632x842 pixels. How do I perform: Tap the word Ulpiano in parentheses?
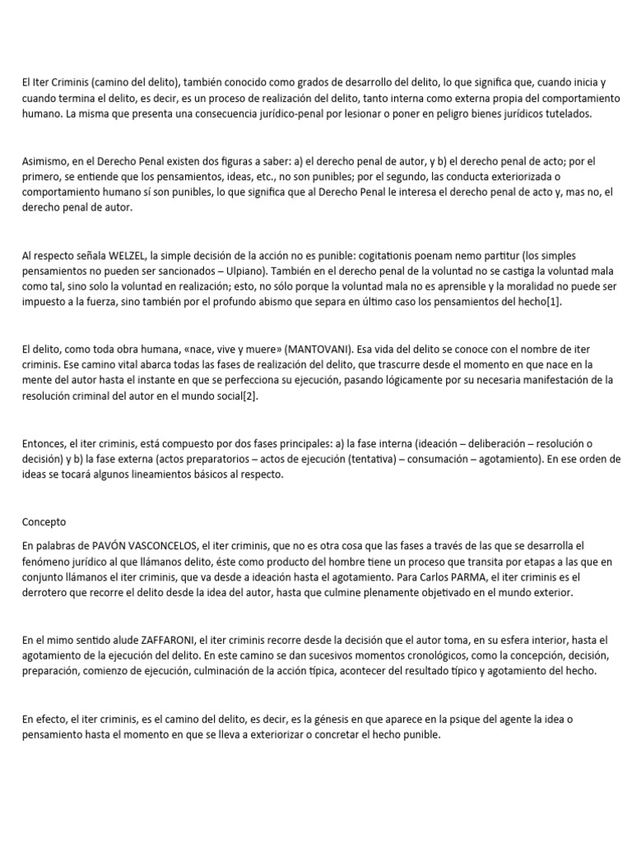coord(290,271)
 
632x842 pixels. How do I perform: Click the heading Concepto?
coord(44,521)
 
